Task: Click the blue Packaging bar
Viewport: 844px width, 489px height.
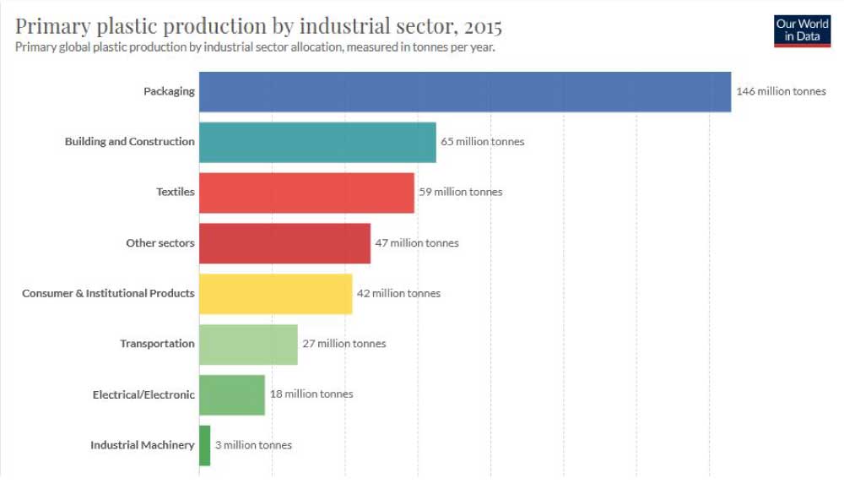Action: click(464, 91)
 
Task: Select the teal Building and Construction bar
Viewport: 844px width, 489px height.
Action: click(317, 142)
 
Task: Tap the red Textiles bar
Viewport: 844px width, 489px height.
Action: click(306, 193)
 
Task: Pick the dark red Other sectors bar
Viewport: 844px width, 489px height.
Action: click(284, 243)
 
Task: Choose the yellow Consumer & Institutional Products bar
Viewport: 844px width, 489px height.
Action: click(275, 294)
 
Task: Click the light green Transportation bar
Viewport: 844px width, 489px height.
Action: click(248, 344)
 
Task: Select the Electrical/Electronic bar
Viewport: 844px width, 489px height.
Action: click(232, 394)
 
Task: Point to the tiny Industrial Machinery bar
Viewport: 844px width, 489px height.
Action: click(204, 445)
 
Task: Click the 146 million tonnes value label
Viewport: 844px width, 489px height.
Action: click(781, 91)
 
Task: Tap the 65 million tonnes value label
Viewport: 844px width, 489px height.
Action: click(483, 142)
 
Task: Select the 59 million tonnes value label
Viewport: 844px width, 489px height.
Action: click(461, 193)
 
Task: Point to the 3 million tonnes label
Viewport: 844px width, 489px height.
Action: click(253, 445)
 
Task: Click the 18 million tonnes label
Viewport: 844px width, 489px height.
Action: click(311, 394)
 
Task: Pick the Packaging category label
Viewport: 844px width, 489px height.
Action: click(169, 91)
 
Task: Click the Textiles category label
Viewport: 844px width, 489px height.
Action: click(176, 193)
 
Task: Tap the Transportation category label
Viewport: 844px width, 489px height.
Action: click(157, 344)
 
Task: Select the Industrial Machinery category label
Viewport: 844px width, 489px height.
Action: click(143, 445)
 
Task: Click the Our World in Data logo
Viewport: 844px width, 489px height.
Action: click(802, 30)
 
